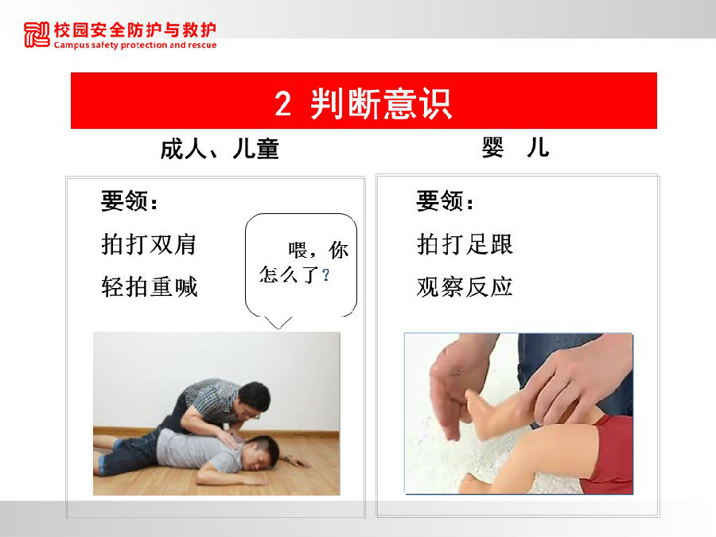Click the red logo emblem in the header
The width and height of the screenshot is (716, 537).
pos(37,35)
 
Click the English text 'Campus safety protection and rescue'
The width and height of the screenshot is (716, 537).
pos(135,45)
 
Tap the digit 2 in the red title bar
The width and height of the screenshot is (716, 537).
pos(282,103)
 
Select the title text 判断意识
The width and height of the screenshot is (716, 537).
pos(381,104)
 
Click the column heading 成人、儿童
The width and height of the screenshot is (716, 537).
pos(220,149)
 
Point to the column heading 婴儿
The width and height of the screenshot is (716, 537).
pos(516,147)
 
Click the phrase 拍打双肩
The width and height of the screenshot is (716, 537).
pos(149,244)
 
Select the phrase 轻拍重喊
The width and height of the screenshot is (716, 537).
pos(150,287)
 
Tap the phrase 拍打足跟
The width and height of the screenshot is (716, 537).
pos(465,244)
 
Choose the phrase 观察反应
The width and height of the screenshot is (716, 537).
pos(465,287)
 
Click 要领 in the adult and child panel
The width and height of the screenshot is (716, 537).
pos(124,201)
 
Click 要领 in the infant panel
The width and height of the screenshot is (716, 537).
pos(440,201)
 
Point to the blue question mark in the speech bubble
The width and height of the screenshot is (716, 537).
pos(325,275)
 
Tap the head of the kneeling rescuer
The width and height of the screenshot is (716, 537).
pos(254,400)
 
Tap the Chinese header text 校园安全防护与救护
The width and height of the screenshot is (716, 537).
pos(135,30)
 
